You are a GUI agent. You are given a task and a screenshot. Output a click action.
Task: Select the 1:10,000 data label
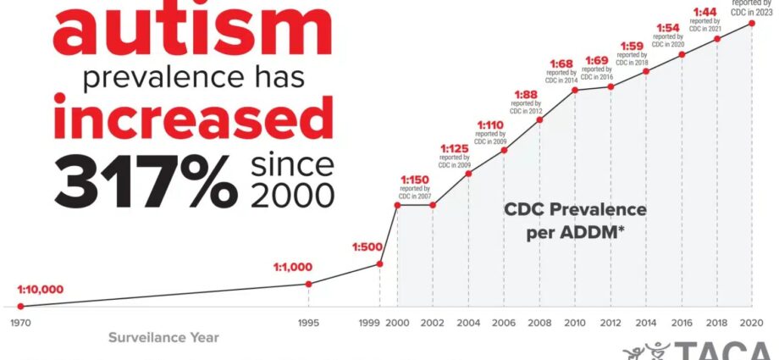coord(41,290)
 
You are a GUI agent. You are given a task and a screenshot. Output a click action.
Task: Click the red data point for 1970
coord(20,306)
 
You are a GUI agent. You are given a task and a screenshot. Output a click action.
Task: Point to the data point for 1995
coord(308,284)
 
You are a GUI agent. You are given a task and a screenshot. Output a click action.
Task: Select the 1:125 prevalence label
coord(455,149)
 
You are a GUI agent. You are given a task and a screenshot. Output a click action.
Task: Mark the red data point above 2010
coord(576,90)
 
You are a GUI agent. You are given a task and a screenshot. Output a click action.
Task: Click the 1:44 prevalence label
coord(706,12)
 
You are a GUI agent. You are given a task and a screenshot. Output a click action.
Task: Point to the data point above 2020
coord(752,23)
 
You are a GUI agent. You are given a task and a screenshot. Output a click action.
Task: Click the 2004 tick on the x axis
coord(468,323)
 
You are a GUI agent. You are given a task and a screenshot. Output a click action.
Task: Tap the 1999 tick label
coord(369,323)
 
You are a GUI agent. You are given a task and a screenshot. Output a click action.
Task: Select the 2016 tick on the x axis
coord(681,323)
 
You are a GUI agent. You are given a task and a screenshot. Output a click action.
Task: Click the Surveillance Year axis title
coord(163,338)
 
